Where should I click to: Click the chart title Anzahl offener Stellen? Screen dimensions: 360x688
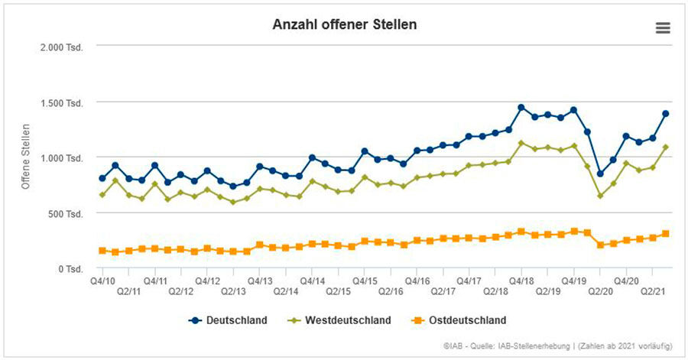pyautogui.click(x=345, y=24)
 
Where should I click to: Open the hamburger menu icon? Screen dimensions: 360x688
pyautogui.click(x=663, y=28)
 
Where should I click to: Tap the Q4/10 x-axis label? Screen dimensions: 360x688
pyautogui.click(x=102, y=281)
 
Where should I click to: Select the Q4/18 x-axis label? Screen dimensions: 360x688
pyautogui.click(x=521, y=281)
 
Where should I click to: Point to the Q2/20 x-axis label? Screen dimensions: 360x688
pyautogui.click(x=600, y=291)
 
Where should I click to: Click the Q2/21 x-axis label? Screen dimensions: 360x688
pyautogui.click(x=652, y=291)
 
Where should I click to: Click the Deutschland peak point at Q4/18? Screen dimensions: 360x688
pyautogui.click(x=521, y=108)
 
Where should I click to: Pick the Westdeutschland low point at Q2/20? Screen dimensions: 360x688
pyautogui.click(x=600, y=196)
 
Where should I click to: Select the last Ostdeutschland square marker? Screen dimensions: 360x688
pyautogui.click(x=666, y=234)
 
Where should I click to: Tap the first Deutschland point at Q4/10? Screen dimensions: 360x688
pyautogui.click(x=102, y=178)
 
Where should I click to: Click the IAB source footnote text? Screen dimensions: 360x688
pyautogui.click(x=557, y=346)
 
